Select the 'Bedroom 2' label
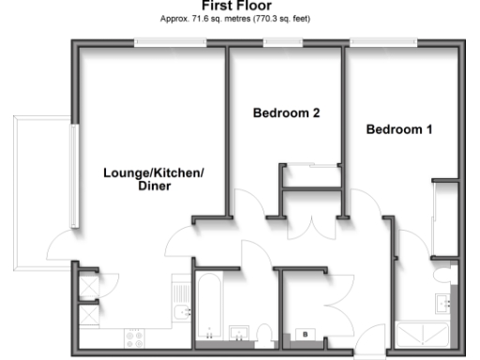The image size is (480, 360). (287, 113)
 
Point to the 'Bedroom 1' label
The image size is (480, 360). (398, 129)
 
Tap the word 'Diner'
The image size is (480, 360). (154, 187)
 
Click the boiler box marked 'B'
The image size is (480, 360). (306, 333)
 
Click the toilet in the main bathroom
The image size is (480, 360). (265, 334)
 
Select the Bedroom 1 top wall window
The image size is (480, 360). (382, 42)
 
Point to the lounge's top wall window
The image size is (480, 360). (164, 42)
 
